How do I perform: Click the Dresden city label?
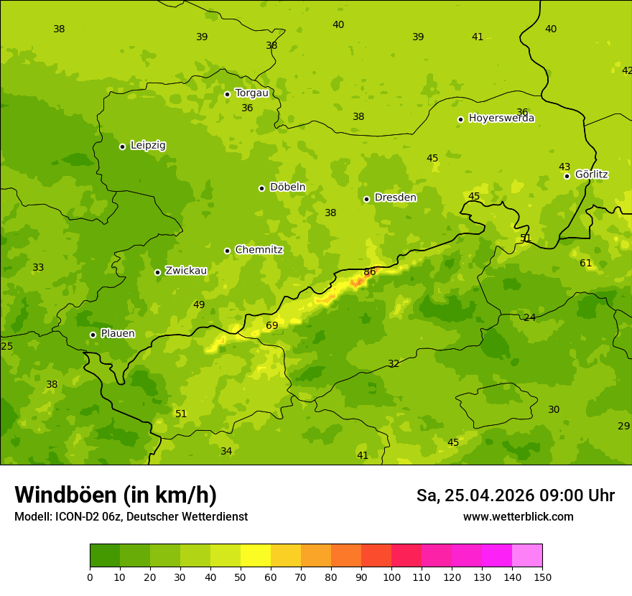pos(395,197)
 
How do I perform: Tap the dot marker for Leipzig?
pos(122,146)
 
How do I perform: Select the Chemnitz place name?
pos(259,250)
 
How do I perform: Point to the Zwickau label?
pos(186,271)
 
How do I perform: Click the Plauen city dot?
pos(93,335)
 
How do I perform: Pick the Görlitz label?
pos(591,174)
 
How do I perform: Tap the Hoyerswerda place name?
pos(501,118)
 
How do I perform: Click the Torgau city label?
pos(251,93)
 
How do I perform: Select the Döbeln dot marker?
pos(261,188)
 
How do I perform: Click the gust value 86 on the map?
pos(370,272)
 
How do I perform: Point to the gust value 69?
pos(272,326)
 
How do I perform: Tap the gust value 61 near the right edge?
pos(586,264)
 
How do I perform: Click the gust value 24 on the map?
pos(529,317)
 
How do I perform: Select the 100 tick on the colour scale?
pos(391,577)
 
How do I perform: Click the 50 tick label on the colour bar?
pos(241,577)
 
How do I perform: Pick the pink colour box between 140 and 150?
pos(527,556)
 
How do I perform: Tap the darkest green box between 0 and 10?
pos(105,556)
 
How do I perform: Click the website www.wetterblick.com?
pos(518,517)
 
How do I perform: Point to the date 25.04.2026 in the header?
pos(489,495)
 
